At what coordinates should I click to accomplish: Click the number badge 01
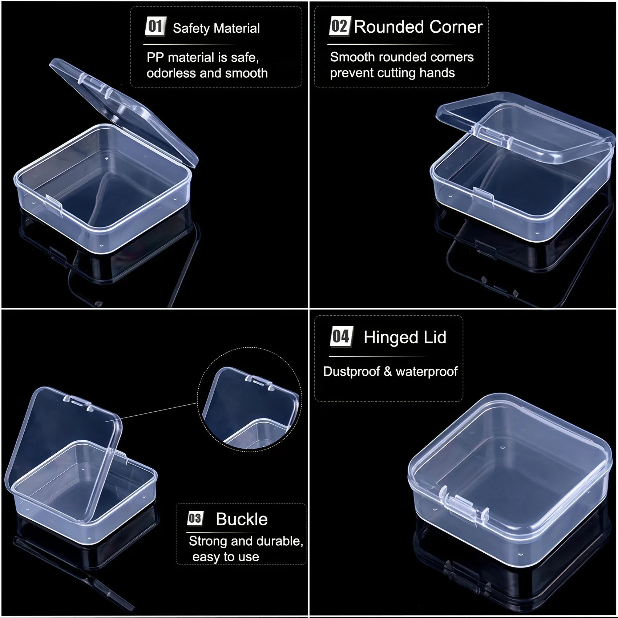(x=155, y=26)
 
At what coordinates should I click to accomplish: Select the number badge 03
(x=195, y=518)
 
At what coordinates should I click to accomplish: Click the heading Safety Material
(x=216, y=28)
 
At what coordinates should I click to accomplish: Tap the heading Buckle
(x=242, y=519)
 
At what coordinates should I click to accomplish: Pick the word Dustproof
(x=351, y=372)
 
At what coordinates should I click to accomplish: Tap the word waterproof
(x=427, y=372)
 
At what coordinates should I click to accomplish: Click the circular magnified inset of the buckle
(x=250, y=400)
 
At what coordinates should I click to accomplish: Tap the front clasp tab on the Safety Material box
(x=54, y=205)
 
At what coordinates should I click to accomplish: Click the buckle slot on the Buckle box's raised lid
(x=77, y=403)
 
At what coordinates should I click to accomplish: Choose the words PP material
(x=180, y=57)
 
